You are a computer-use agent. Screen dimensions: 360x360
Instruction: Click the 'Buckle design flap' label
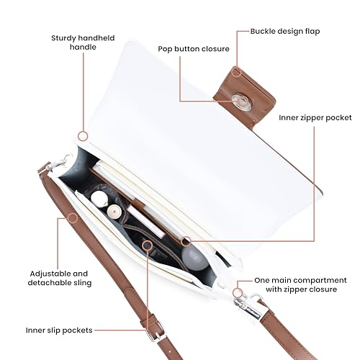tap(285, 32)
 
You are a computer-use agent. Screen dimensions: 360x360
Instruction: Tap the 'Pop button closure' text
tap(194, 49)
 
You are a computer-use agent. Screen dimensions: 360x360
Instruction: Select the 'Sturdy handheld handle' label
tap(83, 42)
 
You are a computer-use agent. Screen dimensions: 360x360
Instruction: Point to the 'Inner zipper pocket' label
tap(315, 118)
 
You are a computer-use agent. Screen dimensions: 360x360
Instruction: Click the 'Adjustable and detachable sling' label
tap(60, 278)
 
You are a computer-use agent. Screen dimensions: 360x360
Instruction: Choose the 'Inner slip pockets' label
tap(59, 330)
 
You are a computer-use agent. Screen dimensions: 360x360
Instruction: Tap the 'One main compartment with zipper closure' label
tap(300, 284)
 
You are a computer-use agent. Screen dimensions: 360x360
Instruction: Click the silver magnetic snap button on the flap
tap(241, 102)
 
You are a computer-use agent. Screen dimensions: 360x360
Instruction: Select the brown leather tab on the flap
tap(245, 99)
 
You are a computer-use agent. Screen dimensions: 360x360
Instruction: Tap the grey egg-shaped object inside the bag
tap(194, 258)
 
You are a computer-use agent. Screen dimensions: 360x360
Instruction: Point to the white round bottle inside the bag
tap(99, 198)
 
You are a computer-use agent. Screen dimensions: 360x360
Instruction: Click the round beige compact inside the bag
tap(114, 212)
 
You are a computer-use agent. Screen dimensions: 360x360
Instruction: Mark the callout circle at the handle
tap(83, 136)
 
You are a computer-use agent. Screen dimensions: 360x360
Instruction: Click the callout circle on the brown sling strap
tap(73, 218)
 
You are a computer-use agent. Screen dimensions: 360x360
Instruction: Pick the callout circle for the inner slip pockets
tap(147, 246)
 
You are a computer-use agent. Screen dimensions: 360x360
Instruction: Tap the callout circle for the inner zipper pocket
tap(186, 241)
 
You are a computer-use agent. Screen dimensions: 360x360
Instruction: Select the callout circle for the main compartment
tap(238, 293)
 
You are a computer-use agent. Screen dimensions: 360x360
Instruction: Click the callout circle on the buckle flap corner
tap(237, 72)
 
